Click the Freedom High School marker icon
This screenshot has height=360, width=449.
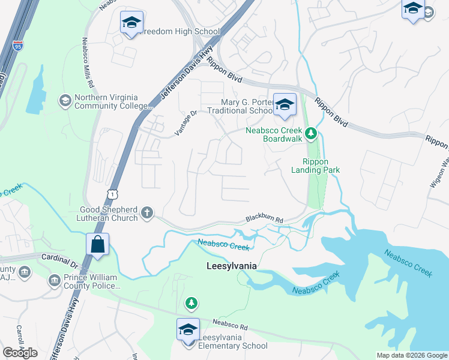click(131, 23)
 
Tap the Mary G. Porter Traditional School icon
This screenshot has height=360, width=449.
click(285, 104)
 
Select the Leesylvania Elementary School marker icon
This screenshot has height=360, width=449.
click(188, 330)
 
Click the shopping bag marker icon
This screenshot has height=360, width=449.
click(97, 245)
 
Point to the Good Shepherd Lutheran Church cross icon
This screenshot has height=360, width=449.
click(147, 212)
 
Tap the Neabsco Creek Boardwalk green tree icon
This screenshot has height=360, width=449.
click(310, 133)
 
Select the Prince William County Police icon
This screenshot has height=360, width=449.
click(55, 280)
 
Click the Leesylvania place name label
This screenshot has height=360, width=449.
click(231, 265)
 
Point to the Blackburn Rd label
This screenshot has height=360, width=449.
click(265, 221)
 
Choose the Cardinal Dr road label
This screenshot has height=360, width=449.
click(60, 260)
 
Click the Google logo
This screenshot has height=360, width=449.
click(20, 353)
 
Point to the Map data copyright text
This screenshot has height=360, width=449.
click(411, 355)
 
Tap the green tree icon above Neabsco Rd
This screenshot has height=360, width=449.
click(191, 303)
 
